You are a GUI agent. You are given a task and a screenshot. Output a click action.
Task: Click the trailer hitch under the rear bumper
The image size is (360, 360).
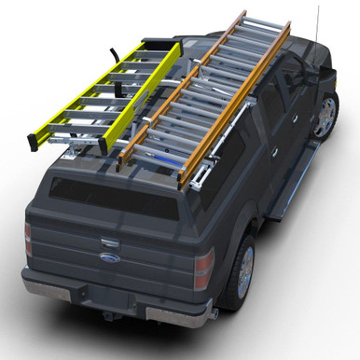click(109, 316)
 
